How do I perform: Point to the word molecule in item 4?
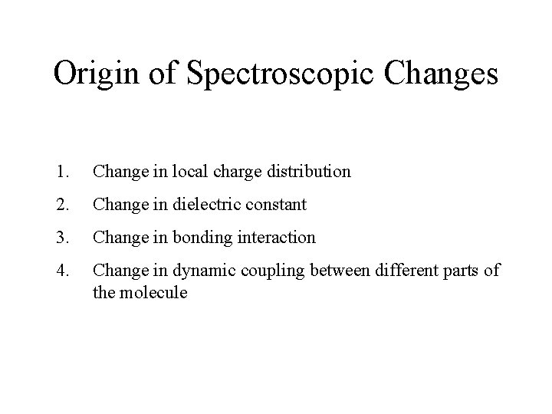click(153, 292)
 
